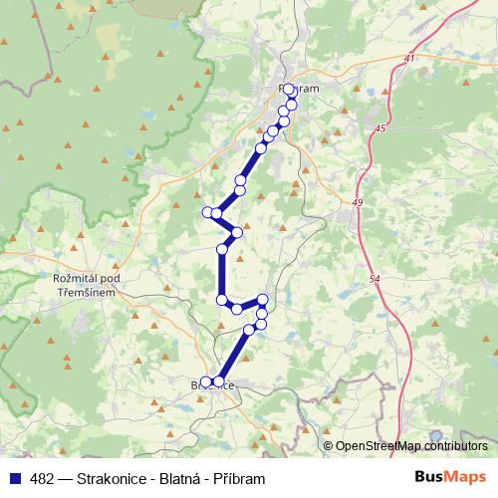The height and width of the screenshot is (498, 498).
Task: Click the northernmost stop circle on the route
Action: coord(289,90)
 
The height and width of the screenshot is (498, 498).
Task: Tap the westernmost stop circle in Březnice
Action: coord(207,381)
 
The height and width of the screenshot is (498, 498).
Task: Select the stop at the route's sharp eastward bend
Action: coord(237,233)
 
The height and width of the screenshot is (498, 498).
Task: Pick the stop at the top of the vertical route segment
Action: coord(222,249)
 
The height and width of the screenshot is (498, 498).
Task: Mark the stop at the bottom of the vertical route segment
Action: coord(221,299)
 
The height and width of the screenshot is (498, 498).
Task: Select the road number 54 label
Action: coord(373,280)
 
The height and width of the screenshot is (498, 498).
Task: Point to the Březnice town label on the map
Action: coord(212,383)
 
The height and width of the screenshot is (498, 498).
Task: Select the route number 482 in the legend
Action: coord(43,479)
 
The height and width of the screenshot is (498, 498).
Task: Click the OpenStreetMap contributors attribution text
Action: coord(412,446)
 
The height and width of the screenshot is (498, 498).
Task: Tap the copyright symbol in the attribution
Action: coord(329,446)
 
